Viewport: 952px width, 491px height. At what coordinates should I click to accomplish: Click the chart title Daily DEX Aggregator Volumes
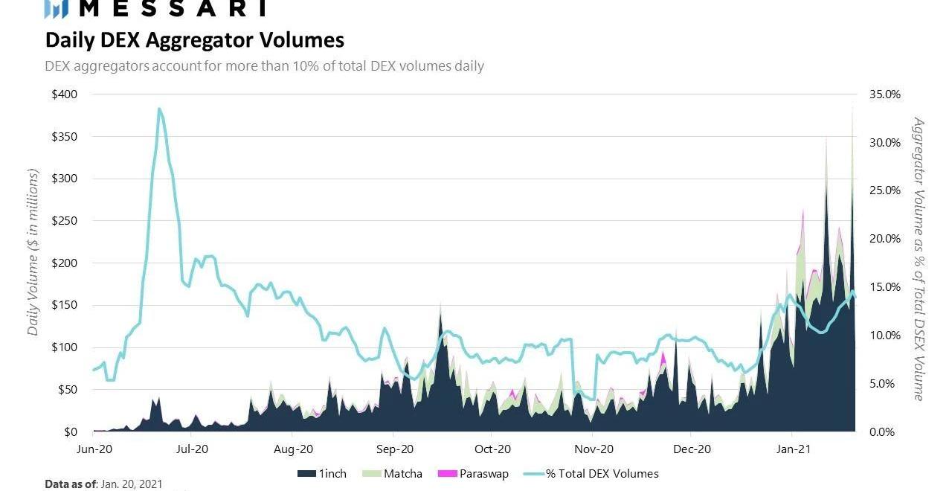coord(195,39)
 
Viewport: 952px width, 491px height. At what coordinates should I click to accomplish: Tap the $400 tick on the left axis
coord(65,94)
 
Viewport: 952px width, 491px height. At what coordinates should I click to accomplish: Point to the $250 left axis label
coord(65,221)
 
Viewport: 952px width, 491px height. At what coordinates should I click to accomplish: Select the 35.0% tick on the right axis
coord(884,94)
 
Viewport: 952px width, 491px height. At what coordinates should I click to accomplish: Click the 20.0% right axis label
coord(884,239)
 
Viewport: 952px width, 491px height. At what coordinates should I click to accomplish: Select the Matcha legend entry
coord(402,473)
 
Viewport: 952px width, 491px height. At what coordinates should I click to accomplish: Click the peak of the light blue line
coord(159,109)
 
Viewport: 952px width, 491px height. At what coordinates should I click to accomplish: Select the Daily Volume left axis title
coord(33,252)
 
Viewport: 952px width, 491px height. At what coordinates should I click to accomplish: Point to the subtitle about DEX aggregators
coord(264,66)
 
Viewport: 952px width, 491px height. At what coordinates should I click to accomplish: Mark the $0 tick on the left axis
coord(71,431)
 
